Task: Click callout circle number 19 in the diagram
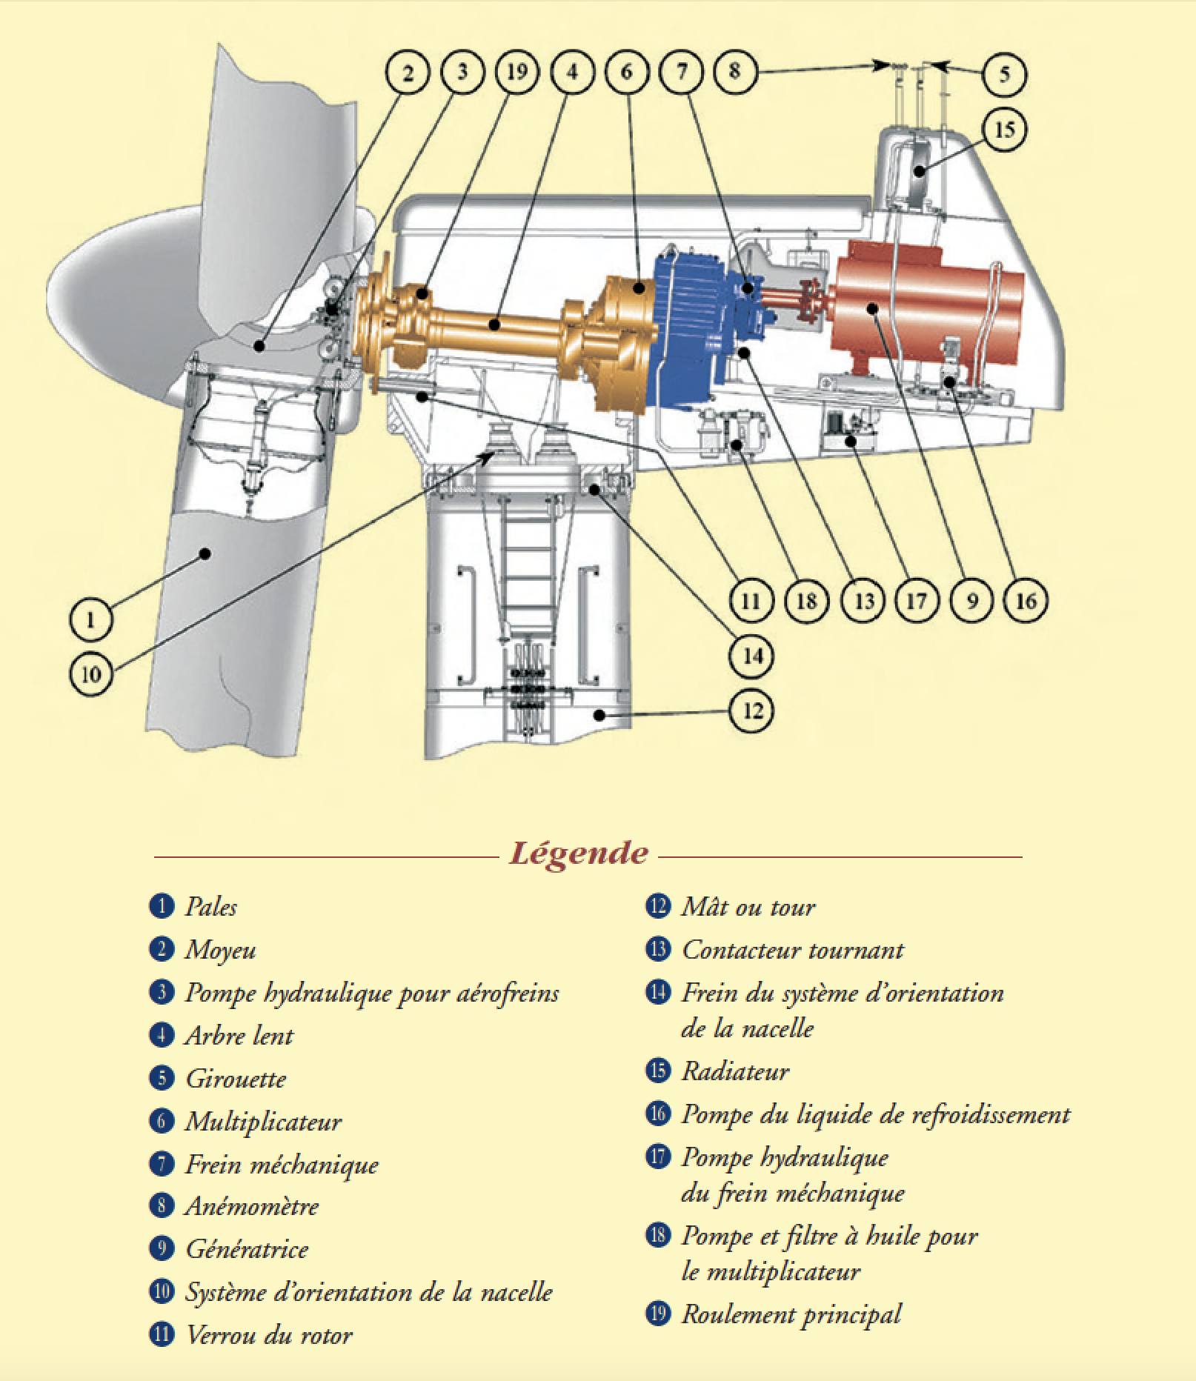pyautogui.click(x=516, y=72)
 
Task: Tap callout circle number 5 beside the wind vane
pyautogui.click(x=1004, y=73)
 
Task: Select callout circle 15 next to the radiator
pyautogui.click(x=1004, y=130)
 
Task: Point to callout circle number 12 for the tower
pyautogui.click(x=752, y=711)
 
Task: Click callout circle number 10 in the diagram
pyautogui.click(x=91, y=673)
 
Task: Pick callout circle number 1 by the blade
pyautogui.click(x=91, y=618)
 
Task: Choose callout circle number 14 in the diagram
pyautogui.click(x=752, y=656)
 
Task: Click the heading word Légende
pyautogui.click(x=578, y=853)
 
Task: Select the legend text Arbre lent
pyautogui.click(x=239, y=1036)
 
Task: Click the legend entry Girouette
pyautogui.click(x=236, y=1079)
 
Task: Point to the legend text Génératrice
pyautogui.click(x=247, y=1250)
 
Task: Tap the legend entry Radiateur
pyautogui.click(x=735, y=1071)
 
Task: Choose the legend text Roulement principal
pyautogui.click(x=791, y=1314)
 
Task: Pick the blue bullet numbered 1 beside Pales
pyautogui.click(x=161, y=906)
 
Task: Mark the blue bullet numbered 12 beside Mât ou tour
pyautogui.click(x=657, y=906)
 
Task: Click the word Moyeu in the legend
pyautogui.click(x=220, y=950)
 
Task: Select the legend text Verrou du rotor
pyautogui.click(x=269, y=1335)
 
